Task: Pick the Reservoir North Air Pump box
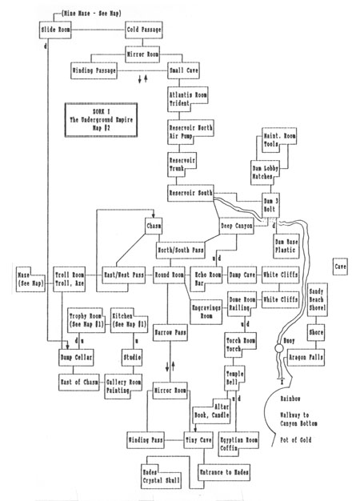click(188, 132)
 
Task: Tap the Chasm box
click(154, 226)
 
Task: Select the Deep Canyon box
click(238, 226)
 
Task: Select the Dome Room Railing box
click(240, 303)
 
